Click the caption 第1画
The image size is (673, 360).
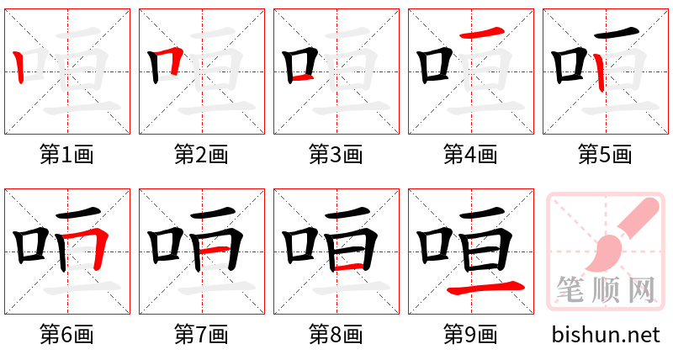[67, 155]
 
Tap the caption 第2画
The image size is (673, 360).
[202, 155]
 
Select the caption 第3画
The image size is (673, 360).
[336, 155]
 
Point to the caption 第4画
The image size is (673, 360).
[471, 155]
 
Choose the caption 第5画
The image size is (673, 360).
[606, 155]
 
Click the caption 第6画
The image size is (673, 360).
[67, 335]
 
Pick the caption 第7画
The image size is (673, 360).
[202, 335]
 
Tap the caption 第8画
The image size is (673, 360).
[336, 335]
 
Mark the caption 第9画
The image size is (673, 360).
[471, 335]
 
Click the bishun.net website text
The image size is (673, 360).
[606, 335]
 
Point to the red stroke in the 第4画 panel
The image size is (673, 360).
[483, 33]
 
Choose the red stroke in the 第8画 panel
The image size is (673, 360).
[349, 267]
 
